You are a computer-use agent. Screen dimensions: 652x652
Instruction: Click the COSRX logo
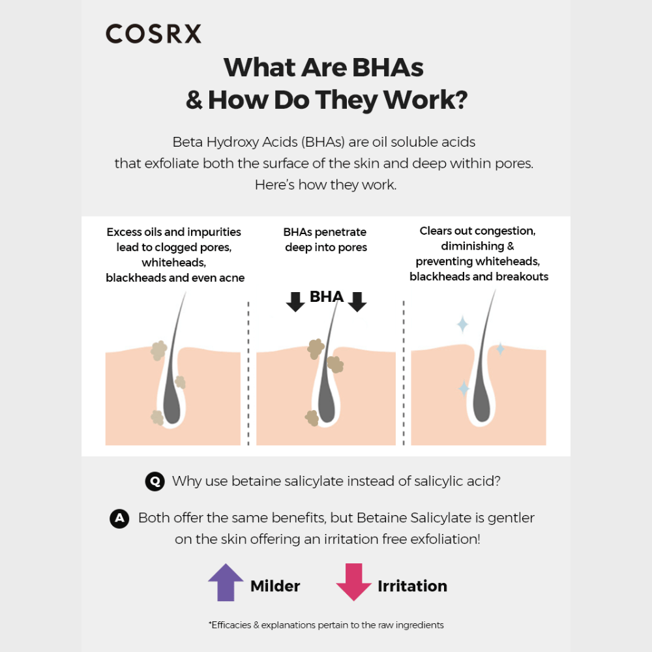pos(153,34)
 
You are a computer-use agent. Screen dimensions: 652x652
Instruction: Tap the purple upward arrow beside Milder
pos(225,582)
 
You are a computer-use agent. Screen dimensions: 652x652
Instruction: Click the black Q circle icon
pos(155,482)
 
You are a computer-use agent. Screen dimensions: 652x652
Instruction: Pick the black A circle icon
pos(119,519)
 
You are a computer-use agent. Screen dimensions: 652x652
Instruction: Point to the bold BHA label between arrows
pos(326,297)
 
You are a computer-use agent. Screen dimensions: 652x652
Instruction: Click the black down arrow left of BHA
pos(296,302)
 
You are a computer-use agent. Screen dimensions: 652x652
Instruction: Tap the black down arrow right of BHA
pos(357,302)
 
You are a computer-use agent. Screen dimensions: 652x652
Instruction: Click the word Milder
pos(275,586)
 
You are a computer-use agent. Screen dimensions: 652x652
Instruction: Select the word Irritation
pos(412,586)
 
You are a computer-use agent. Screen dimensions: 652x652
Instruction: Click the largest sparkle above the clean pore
pos(462,324)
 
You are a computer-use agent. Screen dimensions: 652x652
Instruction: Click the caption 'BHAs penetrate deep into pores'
pos(326,240)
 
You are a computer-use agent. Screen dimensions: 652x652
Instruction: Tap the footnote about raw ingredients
pos(326,625)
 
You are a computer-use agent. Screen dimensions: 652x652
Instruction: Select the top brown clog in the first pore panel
pos(158,351)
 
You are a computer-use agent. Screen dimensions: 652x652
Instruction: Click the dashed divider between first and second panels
pos(248,372)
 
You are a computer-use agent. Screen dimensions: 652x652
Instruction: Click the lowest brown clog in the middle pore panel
pos(312,418)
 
